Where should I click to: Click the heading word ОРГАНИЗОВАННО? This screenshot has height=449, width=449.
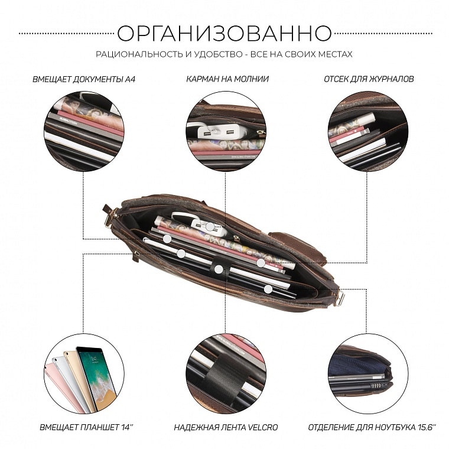(224, 33)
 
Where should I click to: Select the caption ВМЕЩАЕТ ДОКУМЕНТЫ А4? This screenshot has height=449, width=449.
(84, 79)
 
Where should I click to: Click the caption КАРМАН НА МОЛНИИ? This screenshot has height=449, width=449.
(227, 79)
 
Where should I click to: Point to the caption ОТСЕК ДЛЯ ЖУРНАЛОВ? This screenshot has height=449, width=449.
(369, 79)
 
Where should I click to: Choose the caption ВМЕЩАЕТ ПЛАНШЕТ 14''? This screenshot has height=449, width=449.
(86, 428)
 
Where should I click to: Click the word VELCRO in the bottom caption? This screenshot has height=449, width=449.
(262, 428)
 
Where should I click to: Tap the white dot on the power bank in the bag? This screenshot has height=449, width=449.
(210, 227)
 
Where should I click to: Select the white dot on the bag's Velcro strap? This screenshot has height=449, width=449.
(219, 269)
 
